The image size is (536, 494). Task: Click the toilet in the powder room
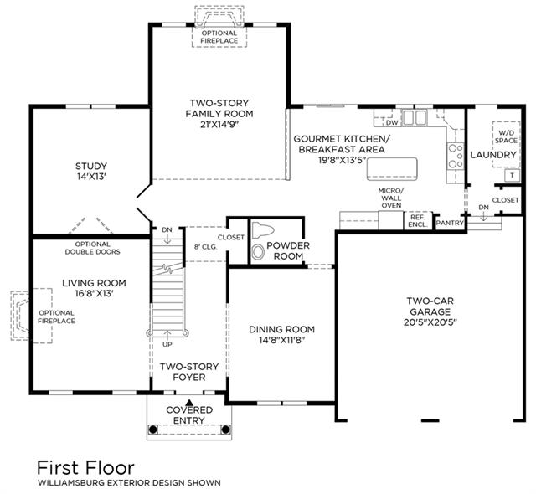click(x=263, y=230)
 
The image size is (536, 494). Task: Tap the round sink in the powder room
click(x=258, y=253)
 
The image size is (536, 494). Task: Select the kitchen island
click(x=392, y=169)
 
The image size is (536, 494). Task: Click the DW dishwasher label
click(x=392, y=122)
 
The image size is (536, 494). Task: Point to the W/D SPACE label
click(x=506, y=136)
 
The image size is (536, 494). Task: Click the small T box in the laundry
click(x=512, y=176)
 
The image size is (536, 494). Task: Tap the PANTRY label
click(x=450, y=223)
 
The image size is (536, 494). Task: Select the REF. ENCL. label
click(x=417, y=221)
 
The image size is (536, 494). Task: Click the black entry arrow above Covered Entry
click(x=189, y=402)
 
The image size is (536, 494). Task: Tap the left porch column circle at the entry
click(x=153, y=429)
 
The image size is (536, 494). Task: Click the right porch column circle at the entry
click(x=225, y=429)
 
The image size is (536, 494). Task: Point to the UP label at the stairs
click(x=167, y=344)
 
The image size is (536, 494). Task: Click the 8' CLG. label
click(x=206, y=247)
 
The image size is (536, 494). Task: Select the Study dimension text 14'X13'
click(x=91, y=177)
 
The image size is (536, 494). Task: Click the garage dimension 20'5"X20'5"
click(x=430, y=322)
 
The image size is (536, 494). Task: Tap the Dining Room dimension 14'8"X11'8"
click(x=281, y=340)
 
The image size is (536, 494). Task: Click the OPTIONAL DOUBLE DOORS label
click(x=93, y=248)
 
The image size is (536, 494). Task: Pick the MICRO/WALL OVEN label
click(x=391, y=198)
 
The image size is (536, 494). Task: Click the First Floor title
click(x=85, y=467)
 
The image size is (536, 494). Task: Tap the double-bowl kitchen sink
click(x=414, y=117)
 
